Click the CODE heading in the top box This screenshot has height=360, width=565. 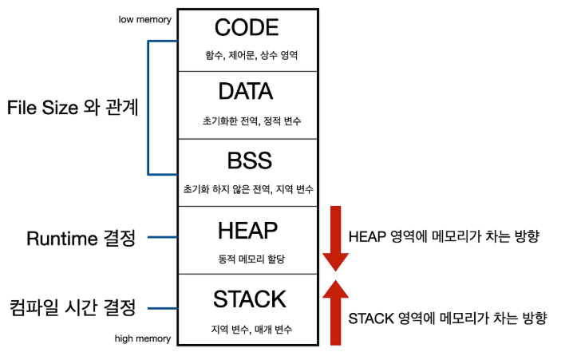click(247, 27)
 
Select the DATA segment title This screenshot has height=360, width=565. click(246, 91)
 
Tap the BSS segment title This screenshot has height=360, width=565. click(249, 160)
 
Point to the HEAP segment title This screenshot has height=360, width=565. click(248, 230)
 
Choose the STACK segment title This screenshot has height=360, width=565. click(249, 299)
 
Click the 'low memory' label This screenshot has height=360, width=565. click(145, 19)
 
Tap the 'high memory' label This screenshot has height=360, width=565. click(143, 338)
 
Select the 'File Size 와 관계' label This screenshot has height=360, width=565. click(73, 108)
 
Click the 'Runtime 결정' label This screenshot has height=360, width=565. click(81, 238)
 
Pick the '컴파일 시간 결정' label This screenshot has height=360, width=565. click(73, 307)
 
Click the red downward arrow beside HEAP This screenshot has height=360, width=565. click(335, 239)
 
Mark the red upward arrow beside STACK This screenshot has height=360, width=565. click(335, 312)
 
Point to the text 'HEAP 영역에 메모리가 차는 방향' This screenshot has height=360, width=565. click(444, 237)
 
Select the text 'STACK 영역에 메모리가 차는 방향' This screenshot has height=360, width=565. click(448, 318)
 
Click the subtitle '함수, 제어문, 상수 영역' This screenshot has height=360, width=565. click(251, 55)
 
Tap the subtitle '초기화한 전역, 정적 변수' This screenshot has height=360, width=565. click(251, 121)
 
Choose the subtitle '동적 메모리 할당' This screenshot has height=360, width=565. click(251, 259)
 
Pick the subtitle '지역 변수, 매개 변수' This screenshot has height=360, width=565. click(251, 329)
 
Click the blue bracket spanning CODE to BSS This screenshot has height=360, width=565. click(148, 108)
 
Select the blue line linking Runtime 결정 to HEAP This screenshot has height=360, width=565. click(163, 237)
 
